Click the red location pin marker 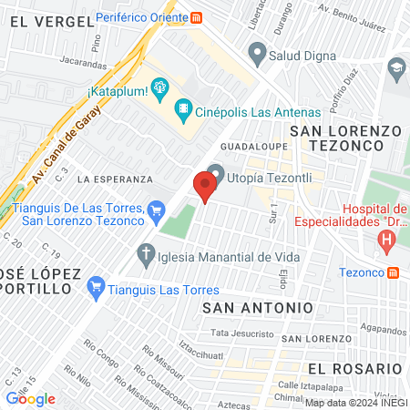tap(205, 187)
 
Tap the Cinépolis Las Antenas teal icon tap(184, 110)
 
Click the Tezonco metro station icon tap(393, 272)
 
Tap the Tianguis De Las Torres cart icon tap(157, 211)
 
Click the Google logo tap(30, 398)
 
